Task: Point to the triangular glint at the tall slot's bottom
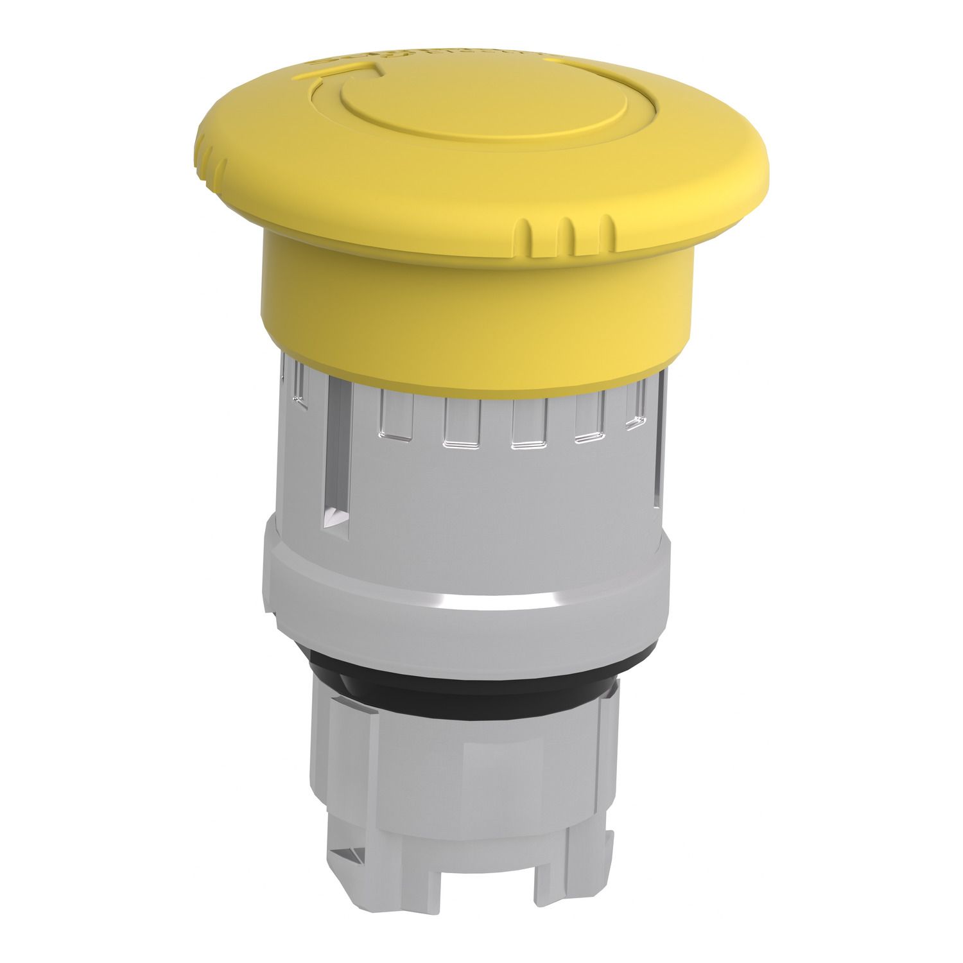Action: [336, 514]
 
